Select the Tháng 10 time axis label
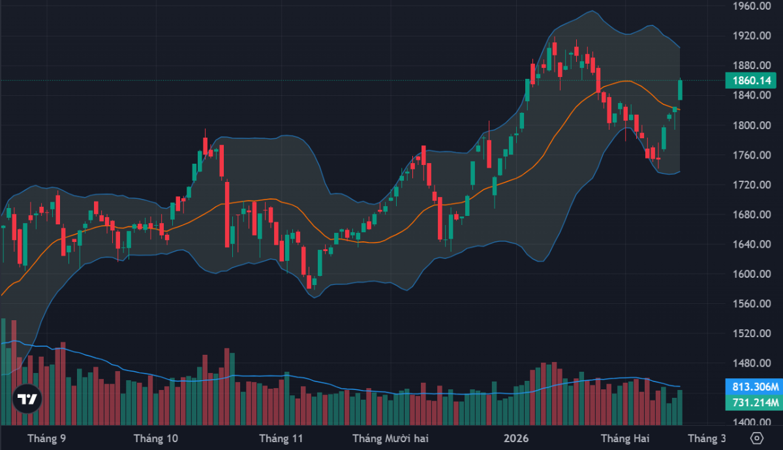click(x=155, y=438)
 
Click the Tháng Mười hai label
click(x=390, y=438)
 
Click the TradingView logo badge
click(x=27, y=399)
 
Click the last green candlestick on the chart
click(x=680, y=90)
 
